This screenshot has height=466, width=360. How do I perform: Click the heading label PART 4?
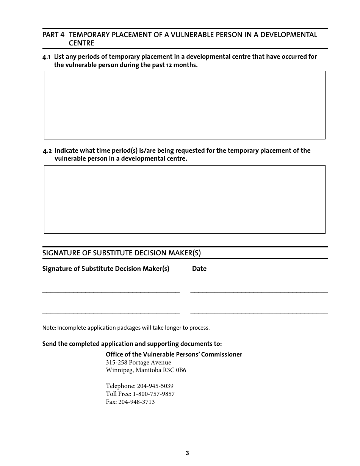[53, 35]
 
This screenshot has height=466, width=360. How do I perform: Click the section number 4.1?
[47, 57]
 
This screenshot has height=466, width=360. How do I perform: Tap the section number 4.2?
[47, 151]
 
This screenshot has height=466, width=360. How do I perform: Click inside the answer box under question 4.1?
[185, 105]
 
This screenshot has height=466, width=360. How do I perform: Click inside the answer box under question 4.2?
[185, 199]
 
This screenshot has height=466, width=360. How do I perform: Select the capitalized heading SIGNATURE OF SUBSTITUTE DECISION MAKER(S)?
[121, 253]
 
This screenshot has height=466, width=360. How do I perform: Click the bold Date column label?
[199, 269]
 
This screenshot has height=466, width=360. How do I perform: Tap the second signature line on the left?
[111, 313]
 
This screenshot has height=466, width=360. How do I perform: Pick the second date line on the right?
[259, 313]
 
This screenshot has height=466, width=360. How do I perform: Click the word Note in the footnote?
[49, 328]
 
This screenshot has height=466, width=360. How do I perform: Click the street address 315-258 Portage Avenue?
[138, 363]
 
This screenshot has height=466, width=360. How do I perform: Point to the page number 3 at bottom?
[187, 453]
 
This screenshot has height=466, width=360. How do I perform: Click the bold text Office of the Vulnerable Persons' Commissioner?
[174, 355]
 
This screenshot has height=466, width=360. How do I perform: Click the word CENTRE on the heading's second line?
[81, 43]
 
